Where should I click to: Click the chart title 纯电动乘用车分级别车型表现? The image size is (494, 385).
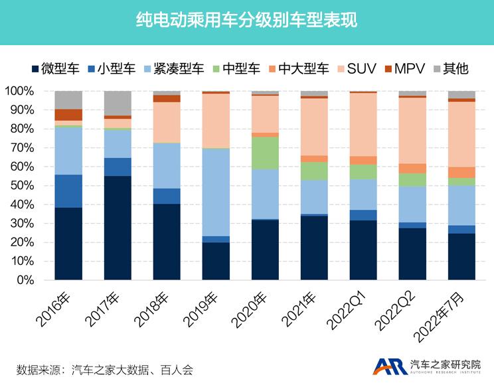pos(246,21)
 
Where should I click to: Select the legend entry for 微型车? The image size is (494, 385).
pos(56,68)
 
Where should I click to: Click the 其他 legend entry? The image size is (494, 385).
pos(451,68)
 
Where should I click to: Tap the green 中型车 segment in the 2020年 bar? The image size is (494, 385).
pos(265,153)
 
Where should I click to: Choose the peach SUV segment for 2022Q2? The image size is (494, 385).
pos(412,130)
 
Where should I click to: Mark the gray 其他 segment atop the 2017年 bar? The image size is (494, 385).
pos(118,103)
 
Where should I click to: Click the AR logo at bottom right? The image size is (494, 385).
pos(388,367)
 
